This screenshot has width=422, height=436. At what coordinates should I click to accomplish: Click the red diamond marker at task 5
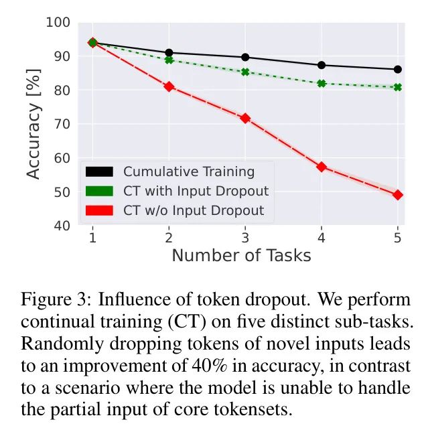398,195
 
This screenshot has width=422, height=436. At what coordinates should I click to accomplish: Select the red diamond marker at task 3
245,118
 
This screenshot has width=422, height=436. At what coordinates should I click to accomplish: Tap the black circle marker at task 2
169,52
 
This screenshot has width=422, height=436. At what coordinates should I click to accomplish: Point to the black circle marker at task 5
398,69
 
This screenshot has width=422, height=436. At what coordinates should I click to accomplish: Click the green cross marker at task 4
322,84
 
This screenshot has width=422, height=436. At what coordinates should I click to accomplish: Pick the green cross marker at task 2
169,60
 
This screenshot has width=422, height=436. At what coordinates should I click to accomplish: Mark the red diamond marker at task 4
322,167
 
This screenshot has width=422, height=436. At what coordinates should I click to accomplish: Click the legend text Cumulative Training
189,171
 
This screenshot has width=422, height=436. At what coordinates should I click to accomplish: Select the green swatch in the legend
99,191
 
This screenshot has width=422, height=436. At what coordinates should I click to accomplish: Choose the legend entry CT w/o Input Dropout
194,211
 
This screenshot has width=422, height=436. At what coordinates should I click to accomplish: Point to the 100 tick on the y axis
58,23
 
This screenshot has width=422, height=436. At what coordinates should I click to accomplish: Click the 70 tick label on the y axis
62,125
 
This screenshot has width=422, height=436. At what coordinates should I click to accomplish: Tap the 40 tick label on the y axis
62,226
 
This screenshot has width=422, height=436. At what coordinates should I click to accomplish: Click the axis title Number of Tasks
241,255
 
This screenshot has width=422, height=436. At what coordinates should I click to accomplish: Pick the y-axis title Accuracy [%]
33,125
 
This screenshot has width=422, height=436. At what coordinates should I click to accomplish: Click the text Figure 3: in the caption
52,299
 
